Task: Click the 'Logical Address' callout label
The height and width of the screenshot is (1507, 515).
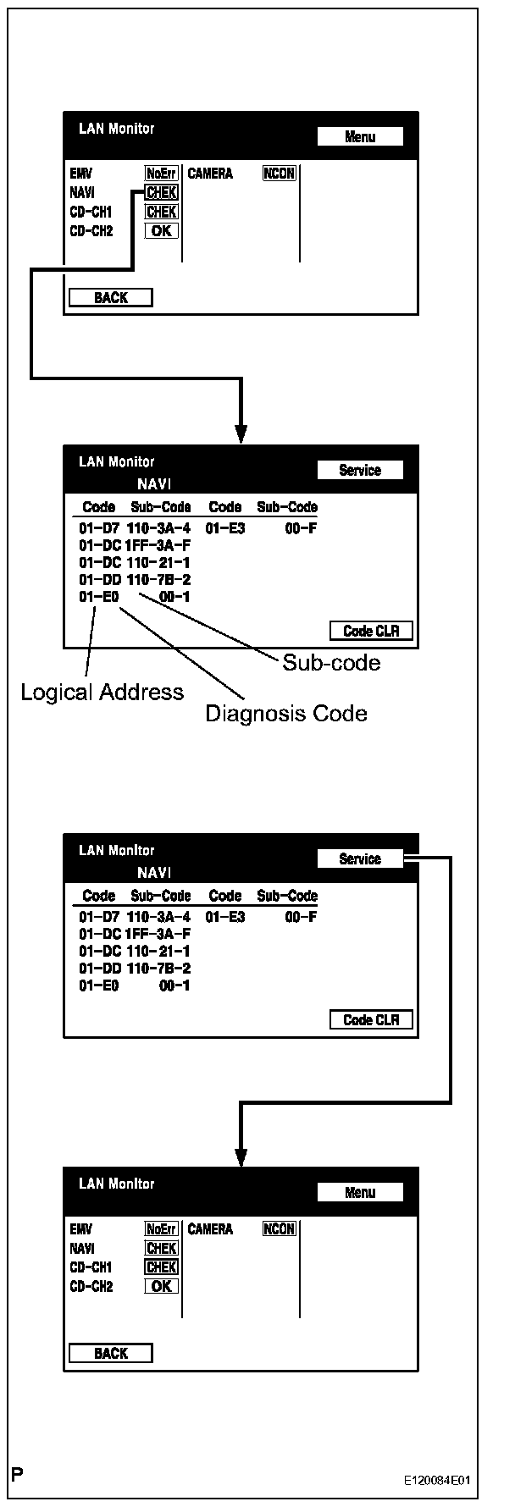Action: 102,693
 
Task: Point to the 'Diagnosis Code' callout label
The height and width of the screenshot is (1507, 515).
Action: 286,714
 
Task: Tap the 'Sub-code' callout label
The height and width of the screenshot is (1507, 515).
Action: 331,662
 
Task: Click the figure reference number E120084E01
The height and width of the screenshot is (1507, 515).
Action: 437,1481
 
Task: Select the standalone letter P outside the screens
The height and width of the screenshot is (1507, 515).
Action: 17,1475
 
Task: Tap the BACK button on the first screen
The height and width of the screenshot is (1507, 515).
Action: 110,298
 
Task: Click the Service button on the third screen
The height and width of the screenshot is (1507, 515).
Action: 360,858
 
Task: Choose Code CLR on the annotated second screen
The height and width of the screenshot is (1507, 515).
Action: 371,631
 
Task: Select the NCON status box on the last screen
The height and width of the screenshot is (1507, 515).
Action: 280,1229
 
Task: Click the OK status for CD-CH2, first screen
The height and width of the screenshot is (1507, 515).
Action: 161,231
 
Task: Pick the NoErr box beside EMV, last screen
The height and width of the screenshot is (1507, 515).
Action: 161,1229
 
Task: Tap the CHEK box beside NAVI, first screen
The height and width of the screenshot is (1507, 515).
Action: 161,193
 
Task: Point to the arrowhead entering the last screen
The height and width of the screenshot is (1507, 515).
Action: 241,1157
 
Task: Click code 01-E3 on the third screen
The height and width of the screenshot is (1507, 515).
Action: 224,917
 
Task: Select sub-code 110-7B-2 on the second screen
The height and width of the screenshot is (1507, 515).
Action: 158,580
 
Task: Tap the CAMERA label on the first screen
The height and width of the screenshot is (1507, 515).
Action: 210,174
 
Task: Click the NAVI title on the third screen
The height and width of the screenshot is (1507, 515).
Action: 154,873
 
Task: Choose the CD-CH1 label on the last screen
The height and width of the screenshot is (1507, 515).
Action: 91,1267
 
